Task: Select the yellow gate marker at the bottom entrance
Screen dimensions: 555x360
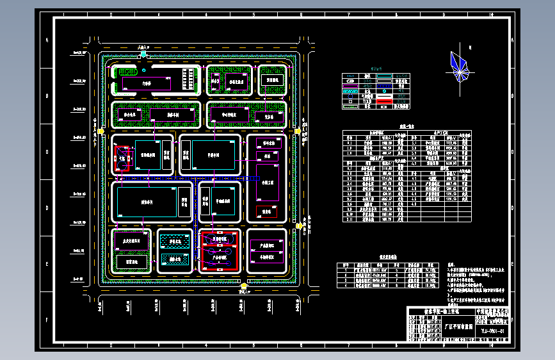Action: (x=244, y=286)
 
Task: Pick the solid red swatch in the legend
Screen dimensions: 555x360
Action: (x=384, y=101)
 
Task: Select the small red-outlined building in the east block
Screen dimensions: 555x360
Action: (x=266, y=211)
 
